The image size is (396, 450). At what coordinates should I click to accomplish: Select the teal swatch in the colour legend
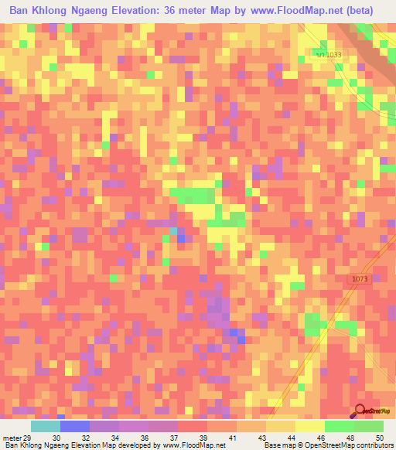[x=45, y=426]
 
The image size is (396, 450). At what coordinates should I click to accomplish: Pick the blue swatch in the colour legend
[x=74, y=426]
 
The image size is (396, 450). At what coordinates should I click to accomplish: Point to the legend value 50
[x=379, y=438]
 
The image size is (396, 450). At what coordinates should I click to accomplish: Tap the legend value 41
[x=232, y=438]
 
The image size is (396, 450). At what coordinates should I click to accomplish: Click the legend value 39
[x=203, y=438]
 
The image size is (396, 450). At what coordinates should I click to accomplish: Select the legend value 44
[x=291, y=438]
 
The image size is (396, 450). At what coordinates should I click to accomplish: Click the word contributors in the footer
[x=376, y=445]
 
